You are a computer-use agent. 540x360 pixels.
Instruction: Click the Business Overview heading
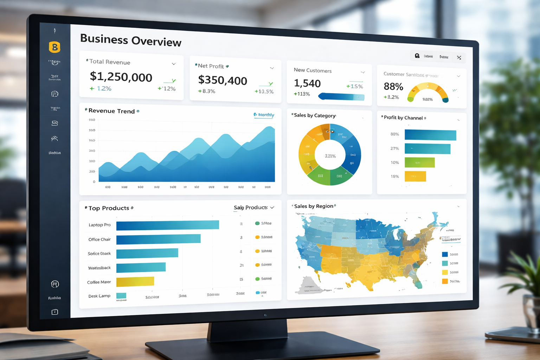[130, 40]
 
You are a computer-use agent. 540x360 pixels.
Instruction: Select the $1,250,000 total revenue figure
[121, 77]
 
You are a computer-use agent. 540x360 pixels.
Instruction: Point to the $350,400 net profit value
[223, 80]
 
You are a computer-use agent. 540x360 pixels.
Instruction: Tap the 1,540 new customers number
[307, 83]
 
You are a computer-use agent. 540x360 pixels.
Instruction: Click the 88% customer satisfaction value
[393, 86]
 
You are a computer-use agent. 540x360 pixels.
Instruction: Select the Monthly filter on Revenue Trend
[264, 115]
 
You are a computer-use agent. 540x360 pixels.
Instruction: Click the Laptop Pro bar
[167, 225]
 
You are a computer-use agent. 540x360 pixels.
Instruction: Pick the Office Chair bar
[158, 239]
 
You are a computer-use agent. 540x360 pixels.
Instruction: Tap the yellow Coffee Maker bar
[135, 282]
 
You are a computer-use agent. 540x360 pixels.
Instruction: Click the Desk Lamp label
[99, 296]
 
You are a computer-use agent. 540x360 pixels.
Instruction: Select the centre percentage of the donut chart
[330, 156]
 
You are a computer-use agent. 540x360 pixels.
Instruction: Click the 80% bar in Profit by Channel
[430, 135]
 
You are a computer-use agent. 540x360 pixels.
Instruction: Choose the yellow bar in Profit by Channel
[415, 176]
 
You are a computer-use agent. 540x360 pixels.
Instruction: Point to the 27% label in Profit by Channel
[394, 148]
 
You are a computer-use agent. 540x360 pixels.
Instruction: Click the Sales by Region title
[314, 206]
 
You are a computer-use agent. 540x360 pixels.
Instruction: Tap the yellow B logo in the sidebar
[54, 47]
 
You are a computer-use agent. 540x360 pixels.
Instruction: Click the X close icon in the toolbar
[459, 58]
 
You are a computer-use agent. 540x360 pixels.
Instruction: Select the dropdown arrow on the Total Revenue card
[174, 64]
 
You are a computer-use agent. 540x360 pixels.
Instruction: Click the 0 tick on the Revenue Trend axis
[94, 182]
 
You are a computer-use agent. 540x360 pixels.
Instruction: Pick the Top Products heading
[109, 208]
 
